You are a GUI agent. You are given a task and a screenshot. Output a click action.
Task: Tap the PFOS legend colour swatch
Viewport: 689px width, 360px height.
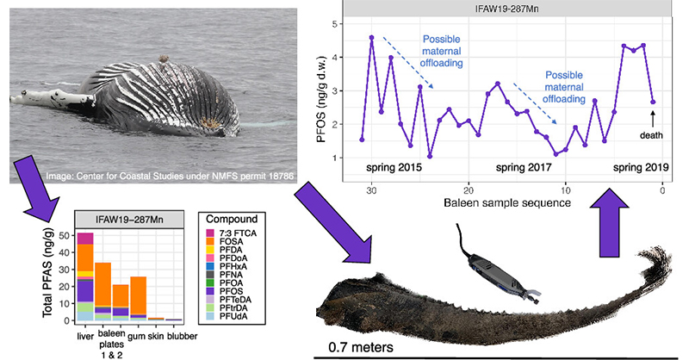pyautogui.click(x=211, y=293)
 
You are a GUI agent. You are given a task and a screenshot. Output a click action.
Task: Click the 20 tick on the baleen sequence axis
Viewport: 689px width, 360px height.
pyautogui.click(x=468, y=191)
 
